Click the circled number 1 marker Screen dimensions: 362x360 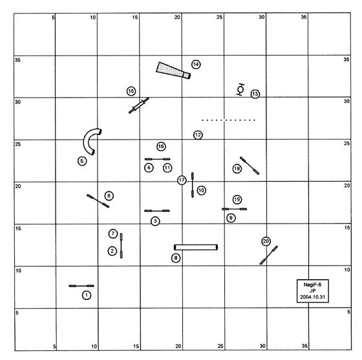(x=87, y=295)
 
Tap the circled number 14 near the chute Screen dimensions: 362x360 (x=196, y=65)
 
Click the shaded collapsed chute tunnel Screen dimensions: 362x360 (x=173, y=70)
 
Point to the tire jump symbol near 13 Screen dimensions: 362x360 (x=240, y=89)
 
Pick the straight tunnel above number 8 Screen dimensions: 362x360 (x=196, y=248)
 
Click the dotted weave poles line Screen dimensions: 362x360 (x=229, y=120)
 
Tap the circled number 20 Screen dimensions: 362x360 (x=266, y=241)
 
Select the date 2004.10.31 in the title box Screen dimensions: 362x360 (x=313, y=297)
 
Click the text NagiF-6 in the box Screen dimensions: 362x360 (x=313, y=285)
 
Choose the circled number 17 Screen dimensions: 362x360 (x=182, y=180)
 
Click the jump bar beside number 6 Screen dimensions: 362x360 (x=98, y=201)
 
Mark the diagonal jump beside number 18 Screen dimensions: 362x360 (x=250, y=165)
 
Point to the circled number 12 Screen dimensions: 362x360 (x=198, y=135)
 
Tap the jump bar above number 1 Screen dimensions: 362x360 (x=81, y=286)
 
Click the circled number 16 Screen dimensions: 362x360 (x=161, y=146)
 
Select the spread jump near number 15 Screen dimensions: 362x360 (x=139, y=105)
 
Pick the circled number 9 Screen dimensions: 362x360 (x=231, y=218)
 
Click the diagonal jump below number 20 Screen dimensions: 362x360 (x=269, y=255)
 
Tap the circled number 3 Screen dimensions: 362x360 (x=155, y=221)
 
